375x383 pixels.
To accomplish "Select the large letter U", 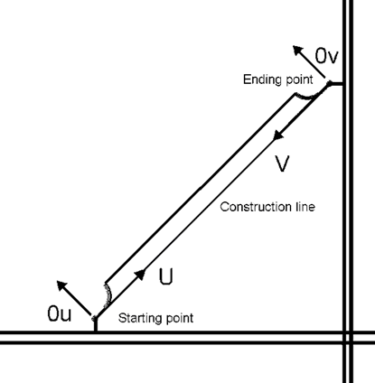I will click(x=166, y=276).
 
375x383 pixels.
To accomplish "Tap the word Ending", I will click(x=260, y=80).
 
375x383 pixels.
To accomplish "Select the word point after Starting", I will click(x=178, y=319).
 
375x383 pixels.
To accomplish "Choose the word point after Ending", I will click(x=296, y=80).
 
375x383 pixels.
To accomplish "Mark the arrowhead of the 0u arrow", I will click(x=61, y=285).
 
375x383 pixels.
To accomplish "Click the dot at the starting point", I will click(x=95, y=317).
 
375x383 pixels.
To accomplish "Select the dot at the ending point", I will click(x=331, y=84).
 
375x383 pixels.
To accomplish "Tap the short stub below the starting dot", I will click(x=95, y=326).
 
